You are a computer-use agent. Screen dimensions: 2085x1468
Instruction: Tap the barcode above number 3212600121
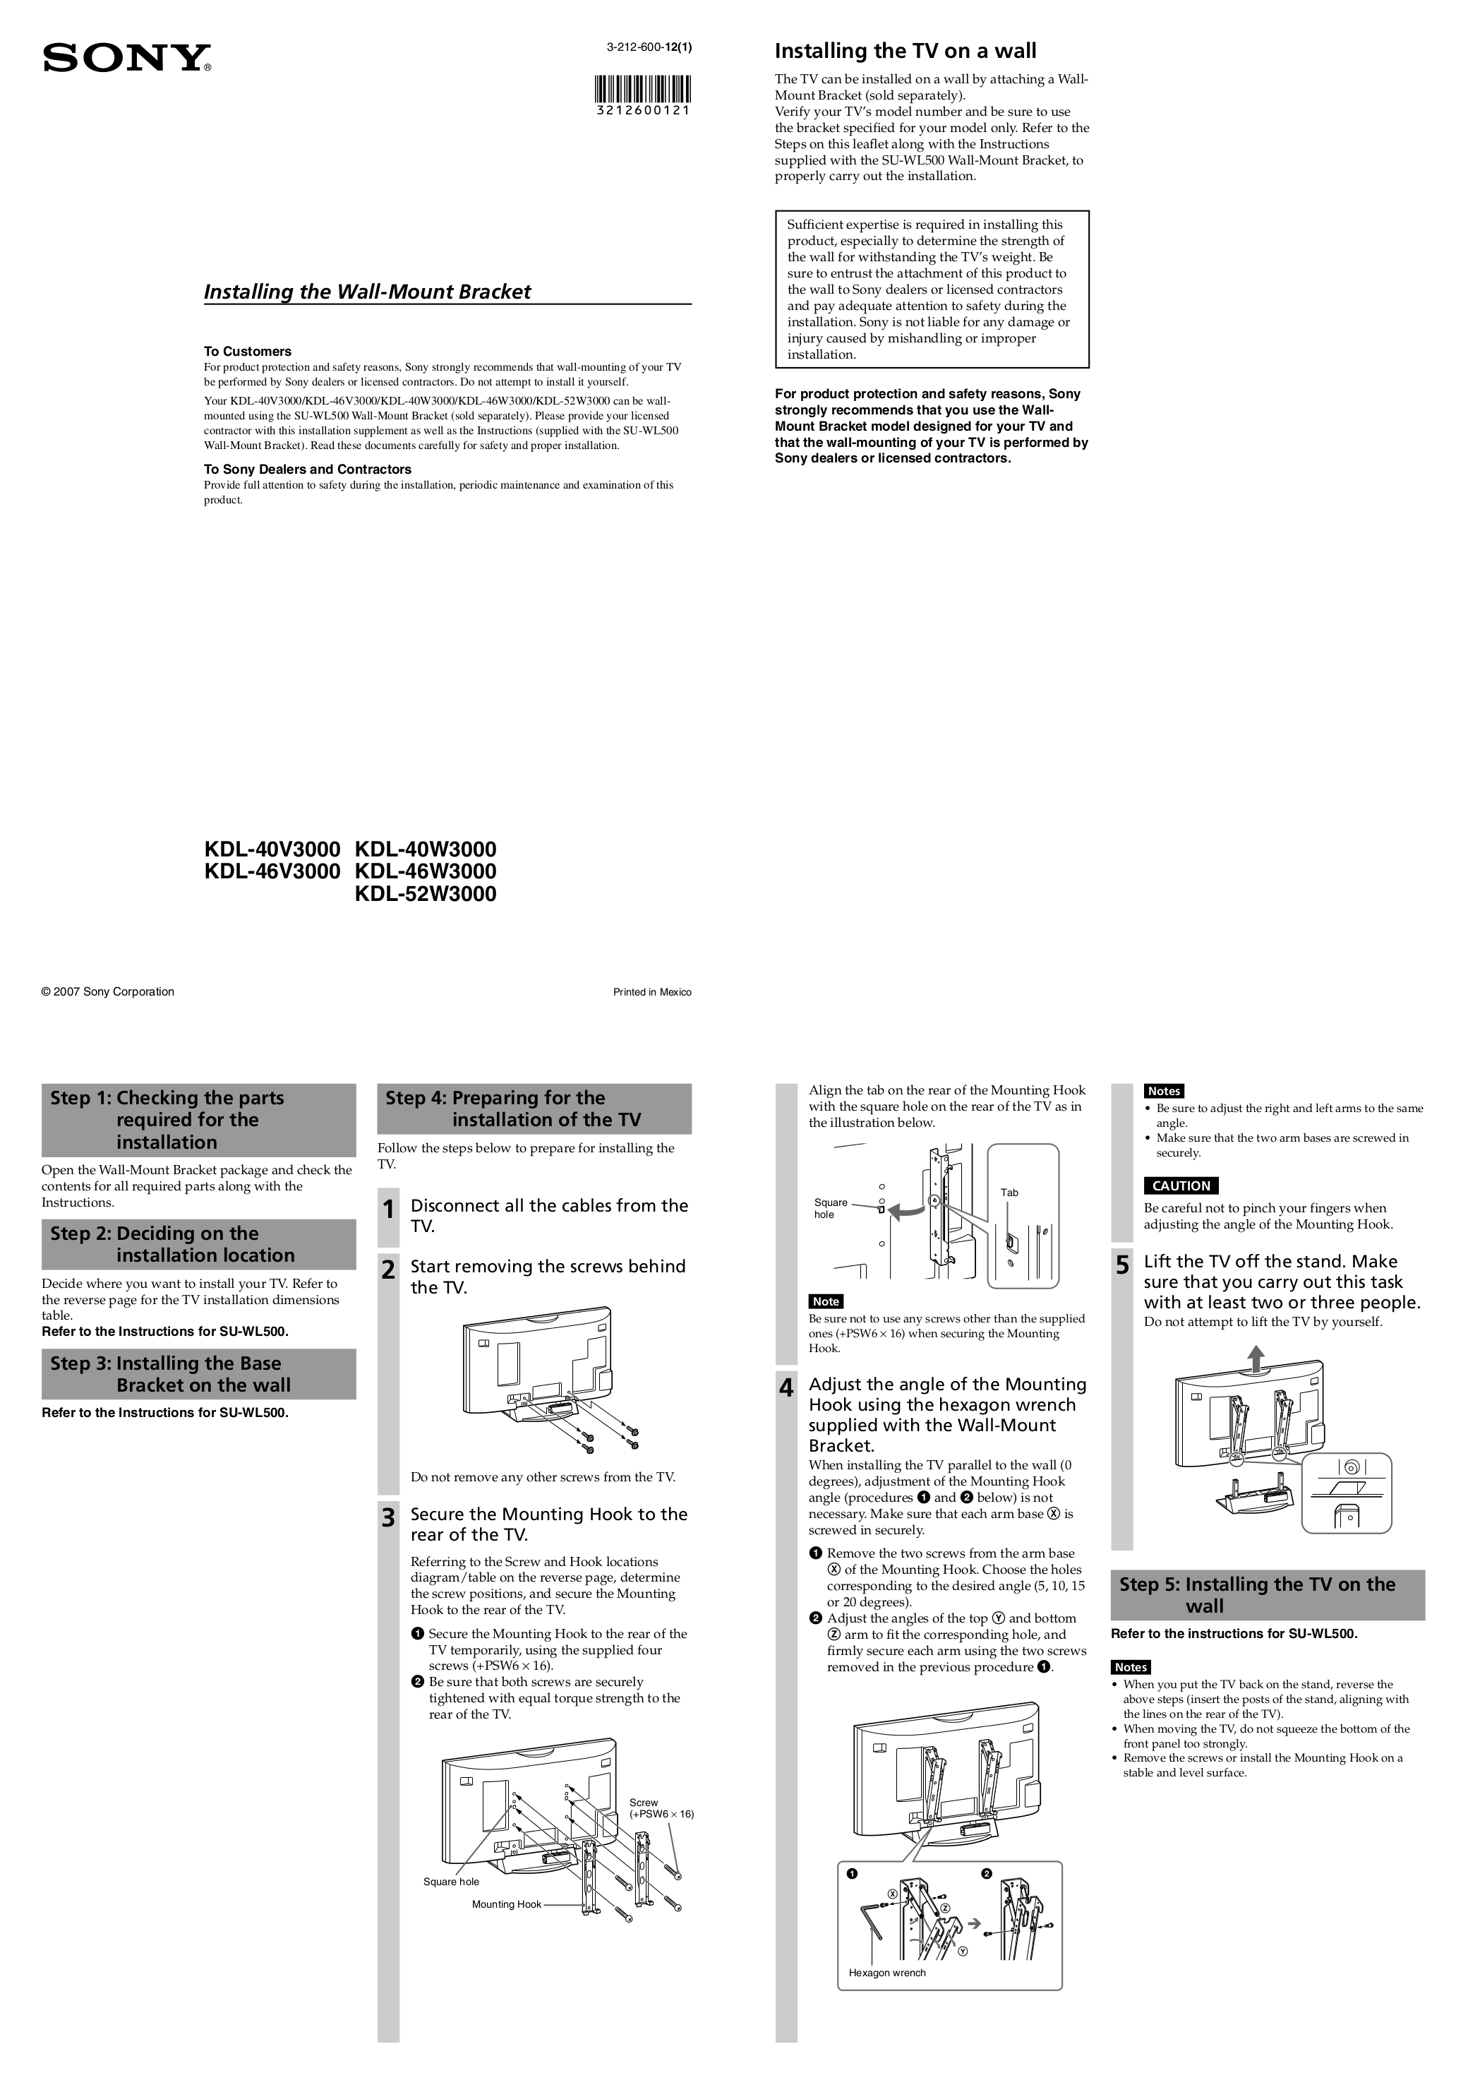[x=644, y=90]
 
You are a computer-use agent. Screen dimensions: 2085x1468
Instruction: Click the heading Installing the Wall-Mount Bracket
[x=367, y=292]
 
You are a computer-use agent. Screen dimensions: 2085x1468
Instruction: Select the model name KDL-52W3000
[x=425, y=894]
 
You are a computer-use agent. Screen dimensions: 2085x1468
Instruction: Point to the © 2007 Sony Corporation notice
[x=108, y=991]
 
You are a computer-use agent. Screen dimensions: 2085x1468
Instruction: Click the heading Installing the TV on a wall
[x=904, y=51]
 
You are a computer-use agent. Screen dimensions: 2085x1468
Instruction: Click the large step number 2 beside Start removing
[x=389, y=1270]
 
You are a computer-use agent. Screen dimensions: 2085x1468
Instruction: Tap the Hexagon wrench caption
[x=887, y=1973]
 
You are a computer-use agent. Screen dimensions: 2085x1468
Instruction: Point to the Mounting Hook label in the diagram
[x=505, y=1904]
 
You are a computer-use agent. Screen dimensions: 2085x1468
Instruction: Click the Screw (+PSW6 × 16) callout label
[x=660, y=1808]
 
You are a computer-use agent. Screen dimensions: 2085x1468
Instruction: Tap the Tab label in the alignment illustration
[x=1009, y=1193]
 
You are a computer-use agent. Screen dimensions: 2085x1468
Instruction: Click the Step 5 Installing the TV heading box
[x=1268, y=1594]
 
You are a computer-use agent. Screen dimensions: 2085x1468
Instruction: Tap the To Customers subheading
[x=247, y=352]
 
